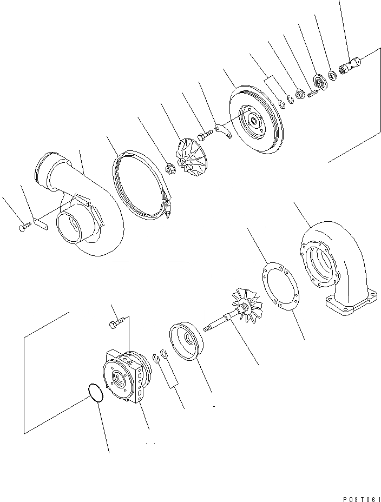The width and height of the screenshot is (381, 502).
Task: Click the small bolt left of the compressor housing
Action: click(x=22, y=228)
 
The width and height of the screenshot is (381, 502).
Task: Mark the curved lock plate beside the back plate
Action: click(x=223, y=130)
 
